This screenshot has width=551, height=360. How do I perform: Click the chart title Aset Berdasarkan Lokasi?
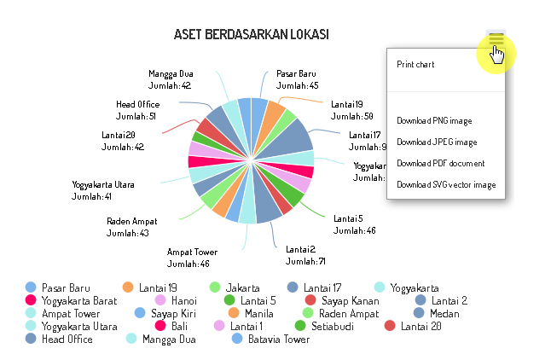[252, 35]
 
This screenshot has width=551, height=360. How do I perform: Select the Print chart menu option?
[415, 64]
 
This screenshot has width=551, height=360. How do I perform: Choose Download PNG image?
[434, 120]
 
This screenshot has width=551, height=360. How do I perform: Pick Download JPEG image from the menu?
[437, 142]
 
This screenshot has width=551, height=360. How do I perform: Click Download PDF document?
[440, 163]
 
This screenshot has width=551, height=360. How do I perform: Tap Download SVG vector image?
[445, 184]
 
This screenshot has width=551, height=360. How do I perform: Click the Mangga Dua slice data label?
[170, 79]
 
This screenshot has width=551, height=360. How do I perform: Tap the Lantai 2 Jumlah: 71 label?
[305, 255]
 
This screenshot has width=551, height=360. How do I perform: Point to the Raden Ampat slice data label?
[128, 227]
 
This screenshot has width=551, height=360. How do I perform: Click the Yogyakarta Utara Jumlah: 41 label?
[103, 190]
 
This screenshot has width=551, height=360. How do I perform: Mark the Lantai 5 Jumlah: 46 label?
[354, 224]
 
